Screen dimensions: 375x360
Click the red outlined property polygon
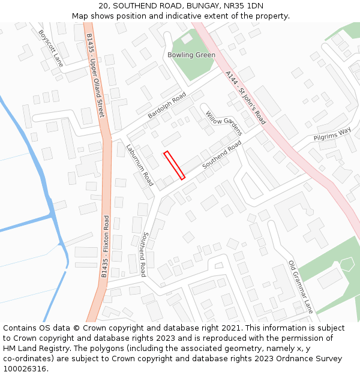coord(174,165)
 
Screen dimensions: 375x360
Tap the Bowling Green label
coord(191,55)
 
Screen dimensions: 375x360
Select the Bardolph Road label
coord(167,106)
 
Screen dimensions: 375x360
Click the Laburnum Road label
coord(140,164)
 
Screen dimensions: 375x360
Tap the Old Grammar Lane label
coord(301,287)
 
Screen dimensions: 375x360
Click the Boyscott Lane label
coord(50,48)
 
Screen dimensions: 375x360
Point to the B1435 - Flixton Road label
coord(106,246)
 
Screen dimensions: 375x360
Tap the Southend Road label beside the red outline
coord(221,154)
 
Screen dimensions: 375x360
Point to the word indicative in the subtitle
coord(197,16)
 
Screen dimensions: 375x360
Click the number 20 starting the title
coord(103,5)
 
